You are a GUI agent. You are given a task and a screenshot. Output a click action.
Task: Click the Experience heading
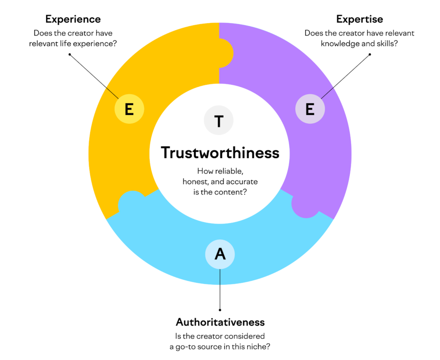(x=73, y=19)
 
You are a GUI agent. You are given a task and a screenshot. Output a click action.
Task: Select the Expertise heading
(x=360, y=19)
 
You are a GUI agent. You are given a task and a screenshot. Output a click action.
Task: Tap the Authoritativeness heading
(x=220, y=322)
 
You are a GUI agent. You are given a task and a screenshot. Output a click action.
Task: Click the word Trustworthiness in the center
(x=220, y=153)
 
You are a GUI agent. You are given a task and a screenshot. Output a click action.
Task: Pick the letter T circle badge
(x=219, y=121)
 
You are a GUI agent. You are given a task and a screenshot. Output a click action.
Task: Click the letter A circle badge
(x=220, y=253)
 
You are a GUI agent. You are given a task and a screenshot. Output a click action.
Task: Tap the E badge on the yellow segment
(x=129, y=109)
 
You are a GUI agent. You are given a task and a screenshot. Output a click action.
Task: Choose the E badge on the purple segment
(x=310, y=109)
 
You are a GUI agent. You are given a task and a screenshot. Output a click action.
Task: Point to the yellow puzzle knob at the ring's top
(x=226, y=54)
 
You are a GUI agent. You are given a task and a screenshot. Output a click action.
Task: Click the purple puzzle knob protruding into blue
(x=304, y=205)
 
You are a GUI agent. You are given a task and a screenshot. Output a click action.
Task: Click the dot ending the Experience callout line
(x=69, y=55)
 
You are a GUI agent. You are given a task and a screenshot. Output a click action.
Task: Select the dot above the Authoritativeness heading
(x=220, y=309)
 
